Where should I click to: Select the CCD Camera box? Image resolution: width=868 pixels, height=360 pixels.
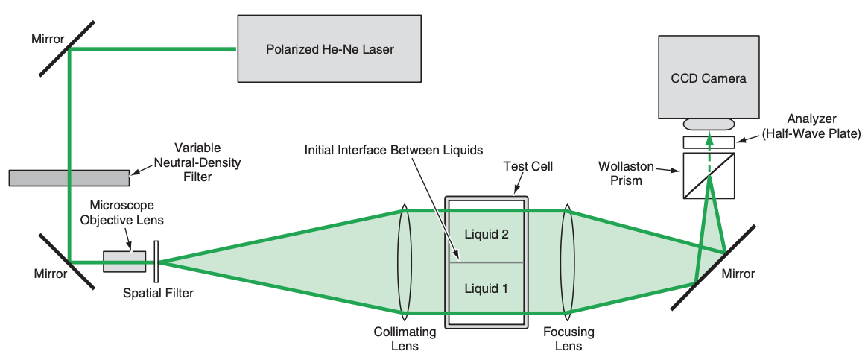tap(708, 78)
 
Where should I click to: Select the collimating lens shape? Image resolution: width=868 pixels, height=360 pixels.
tap(405, 262)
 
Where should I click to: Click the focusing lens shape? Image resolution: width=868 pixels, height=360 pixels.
tap(568, 262)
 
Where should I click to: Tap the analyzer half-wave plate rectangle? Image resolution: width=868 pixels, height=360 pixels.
tap(708, 142)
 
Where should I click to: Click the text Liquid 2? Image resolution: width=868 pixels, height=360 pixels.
tap(486, 234)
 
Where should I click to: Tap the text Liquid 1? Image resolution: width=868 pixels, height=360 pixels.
tap(486, 288)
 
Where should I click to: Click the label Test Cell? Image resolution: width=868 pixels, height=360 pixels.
tap(528, 166)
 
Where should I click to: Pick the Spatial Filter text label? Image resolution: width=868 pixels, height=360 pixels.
tap(158, 294)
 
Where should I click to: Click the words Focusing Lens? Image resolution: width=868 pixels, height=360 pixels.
tap(568, 338)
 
